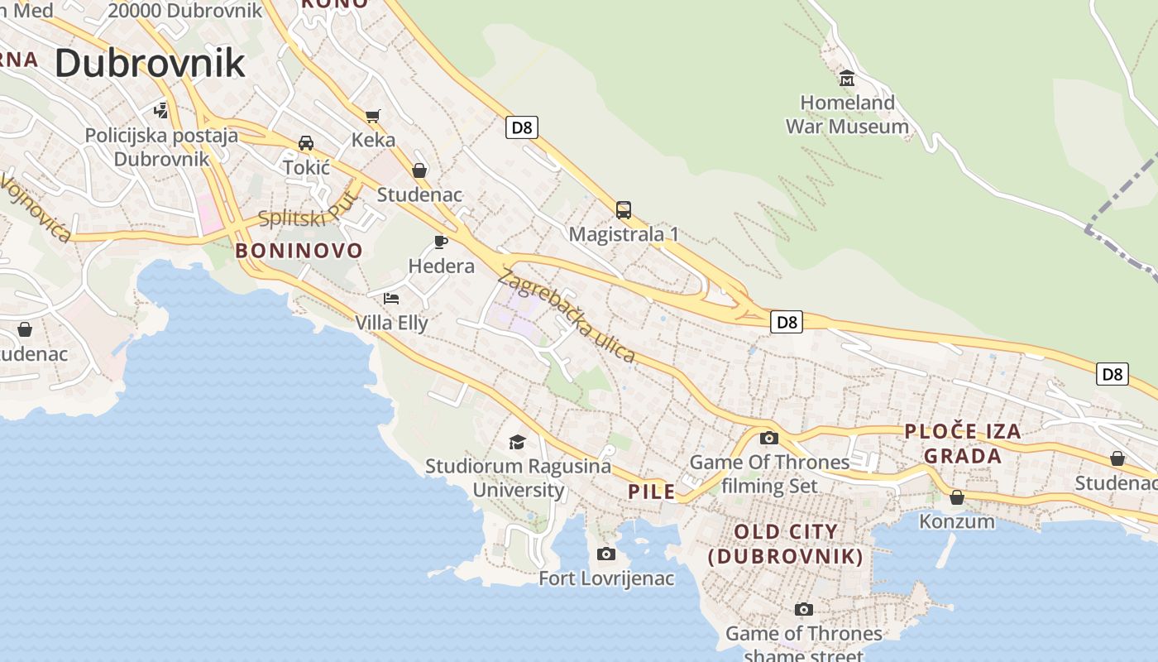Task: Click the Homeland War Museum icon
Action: coord(846,79)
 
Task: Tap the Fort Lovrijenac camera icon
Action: coord(606,554)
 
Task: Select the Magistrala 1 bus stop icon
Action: coord(624,210)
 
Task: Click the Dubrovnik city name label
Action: coord(150,63)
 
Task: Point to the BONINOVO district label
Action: coord(299,251)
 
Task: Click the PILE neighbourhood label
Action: coord(652,492)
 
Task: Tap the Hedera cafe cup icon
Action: coord(441,242)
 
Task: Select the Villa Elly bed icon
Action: coord(391,298)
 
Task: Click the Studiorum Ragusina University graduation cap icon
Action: coord(518,442)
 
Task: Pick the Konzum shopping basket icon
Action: coord(957,497)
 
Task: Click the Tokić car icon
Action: coord(306,143)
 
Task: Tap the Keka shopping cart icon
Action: coord(373,116)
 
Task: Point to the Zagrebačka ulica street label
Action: coord(567,318)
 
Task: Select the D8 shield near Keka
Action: coord(522,127)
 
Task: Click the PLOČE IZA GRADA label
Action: coord(963,444)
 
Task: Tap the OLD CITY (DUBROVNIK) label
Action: coord(786,544)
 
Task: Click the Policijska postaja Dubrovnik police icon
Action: coord(161,110)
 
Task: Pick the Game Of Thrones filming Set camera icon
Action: coord(769,439)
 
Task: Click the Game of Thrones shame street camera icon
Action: coord(803,610)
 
